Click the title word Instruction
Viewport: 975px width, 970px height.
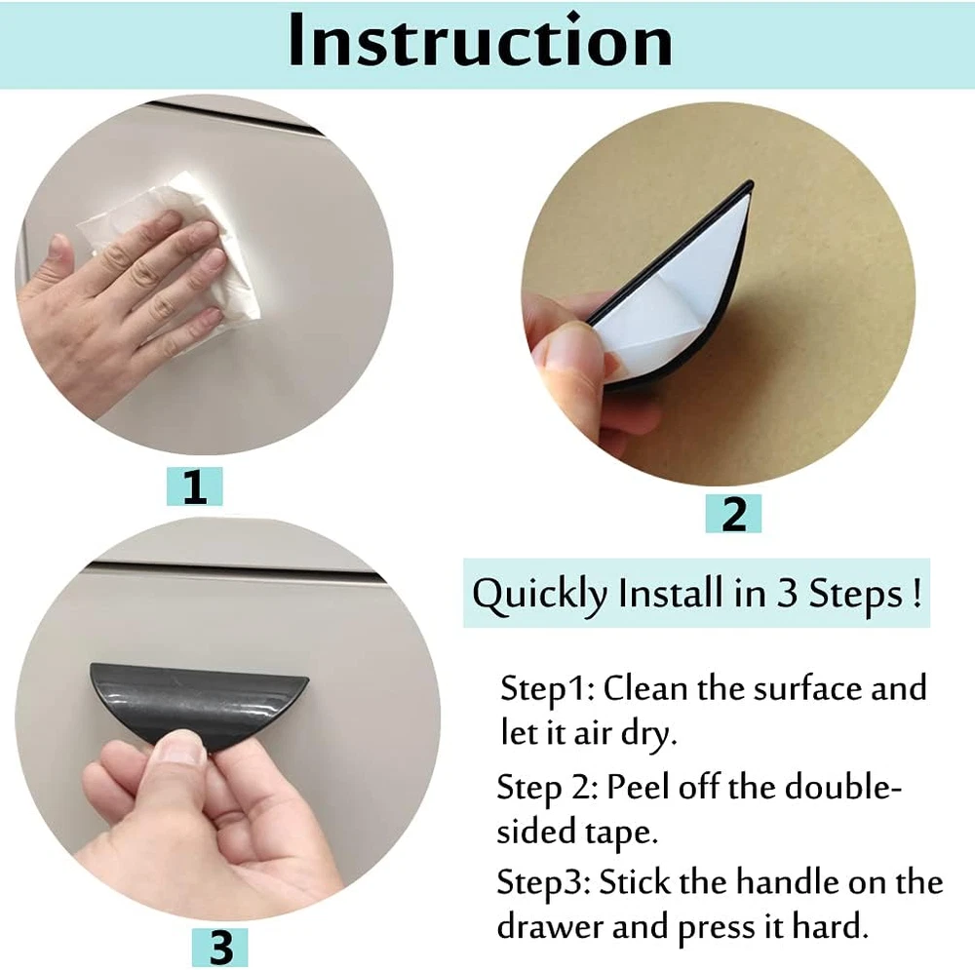click(480, 41)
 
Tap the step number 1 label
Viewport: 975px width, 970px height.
click(195, 486)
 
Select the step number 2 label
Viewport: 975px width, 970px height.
click(734, 514)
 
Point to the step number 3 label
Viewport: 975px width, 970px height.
click(220, 948)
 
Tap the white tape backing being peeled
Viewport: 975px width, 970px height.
click(678, 292)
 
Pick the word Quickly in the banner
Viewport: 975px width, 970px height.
click(539, 595)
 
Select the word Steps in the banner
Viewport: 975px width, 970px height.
click(855, 595)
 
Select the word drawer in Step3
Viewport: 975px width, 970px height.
click(550, 927)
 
